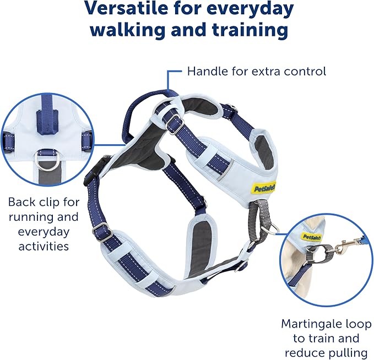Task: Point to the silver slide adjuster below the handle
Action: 176,125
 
